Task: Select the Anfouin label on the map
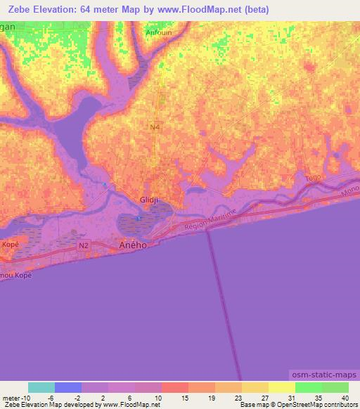(158, 32)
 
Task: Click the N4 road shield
(155, 126)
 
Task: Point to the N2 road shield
(84, 245)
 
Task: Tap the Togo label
(313, 178)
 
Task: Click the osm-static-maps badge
(323, 376)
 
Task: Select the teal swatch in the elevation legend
(41, 387)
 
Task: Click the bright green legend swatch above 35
(308, 387)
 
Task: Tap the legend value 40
(344, 397)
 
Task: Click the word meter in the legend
(12, 397)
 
